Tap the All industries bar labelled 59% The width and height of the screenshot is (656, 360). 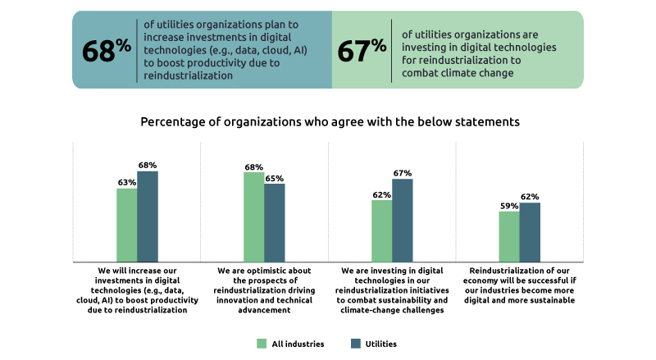pyautogui.click(x=509, y=236)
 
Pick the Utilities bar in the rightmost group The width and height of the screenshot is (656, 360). pyautogui.click(x=530, y=232)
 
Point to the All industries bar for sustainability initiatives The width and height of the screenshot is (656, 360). pyautogui.click(x=381, y=230)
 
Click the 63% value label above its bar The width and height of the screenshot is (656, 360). pyautogui.click(x=126, y=183)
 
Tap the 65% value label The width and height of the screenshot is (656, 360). pyautogui.click(x=275, y=178)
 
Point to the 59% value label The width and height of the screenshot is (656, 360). pyautogui.click(x=509, y=206)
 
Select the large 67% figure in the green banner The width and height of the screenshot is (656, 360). pyautogui.click(x=362, y=50)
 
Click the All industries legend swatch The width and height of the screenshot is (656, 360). pyautogui.click(x=262, y=343)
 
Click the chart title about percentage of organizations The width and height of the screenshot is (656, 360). pyautogui.click(x=330, y=122)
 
